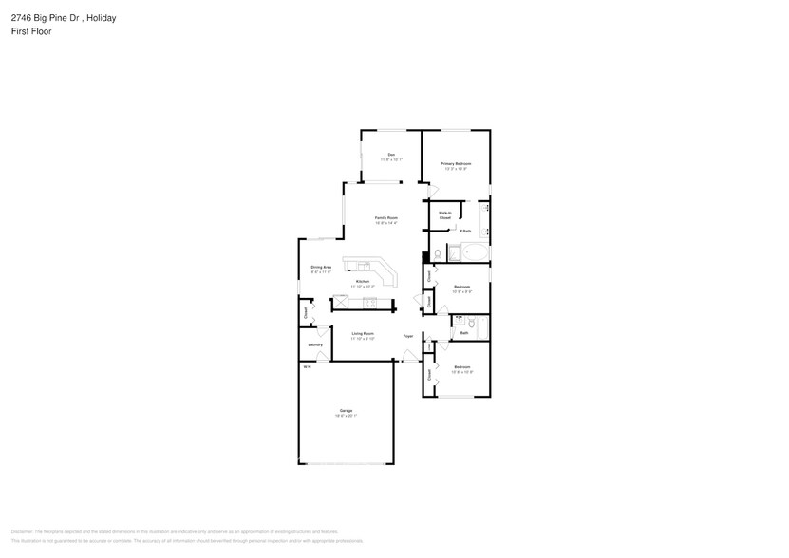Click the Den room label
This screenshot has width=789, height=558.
(x=390, y=155)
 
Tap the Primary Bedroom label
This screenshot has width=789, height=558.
(x=456, y=164)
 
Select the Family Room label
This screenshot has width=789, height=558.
(x=385, y=218)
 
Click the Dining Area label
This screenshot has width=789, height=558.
(x=321, y=268)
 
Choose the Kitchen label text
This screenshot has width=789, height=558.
(x=363, y=282)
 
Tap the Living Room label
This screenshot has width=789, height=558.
(x=363, y=333)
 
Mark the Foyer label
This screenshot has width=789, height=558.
(x=407, y=336)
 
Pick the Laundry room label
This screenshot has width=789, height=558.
(x=315, y=344)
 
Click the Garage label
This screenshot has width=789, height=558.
(x=346, y=411)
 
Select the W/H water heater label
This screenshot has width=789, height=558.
(x=307, y=366)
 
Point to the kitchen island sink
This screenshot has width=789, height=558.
(x=363, y=265)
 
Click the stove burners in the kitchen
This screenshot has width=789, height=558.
(x=369, y=303)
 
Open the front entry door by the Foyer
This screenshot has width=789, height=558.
(x=409, y=357)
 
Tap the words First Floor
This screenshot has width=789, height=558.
(x=31, y=31)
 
